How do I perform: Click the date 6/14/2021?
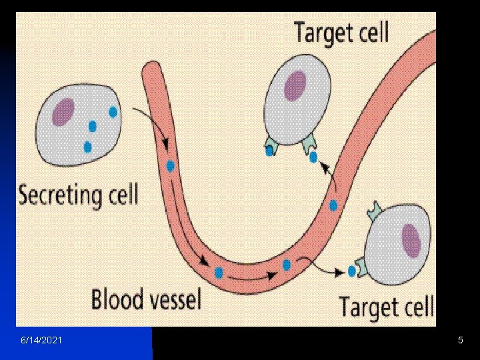[42, 341]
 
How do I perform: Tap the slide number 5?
[460, 341]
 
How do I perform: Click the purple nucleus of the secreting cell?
[64, 111]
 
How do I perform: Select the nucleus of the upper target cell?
[295, 85]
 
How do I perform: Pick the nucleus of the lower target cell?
[411, 239]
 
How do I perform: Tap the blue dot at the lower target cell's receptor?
[352, 271]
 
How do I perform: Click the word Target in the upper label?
[319, 32]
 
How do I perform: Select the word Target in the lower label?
[365, 307]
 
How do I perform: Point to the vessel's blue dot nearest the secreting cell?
[171, 166]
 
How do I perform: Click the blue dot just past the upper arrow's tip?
[313, 157]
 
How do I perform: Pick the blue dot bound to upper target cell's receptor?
[269, 151]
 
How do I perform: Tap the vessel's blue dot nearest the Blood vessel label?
[218, 272]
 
